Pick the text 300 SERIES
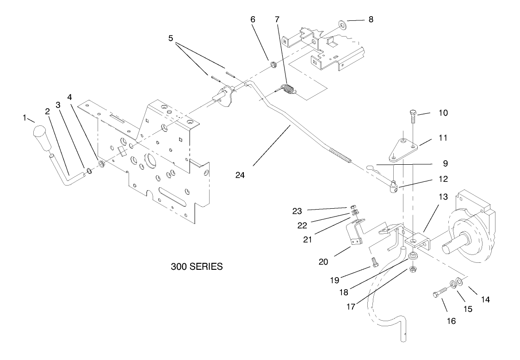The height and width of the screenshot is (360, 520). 197,267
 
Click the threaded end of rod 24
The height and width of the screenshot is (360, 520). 342,156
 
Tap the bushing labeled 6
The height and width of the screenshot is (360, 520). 273,63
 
